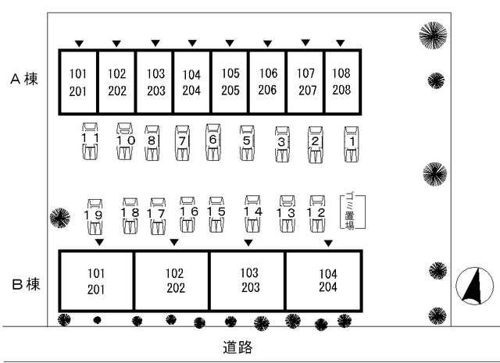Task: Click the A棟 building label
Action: pyautogui.click(x=24, y=79)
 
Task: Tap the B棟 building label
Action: pyautogui.click(x=26, y=284)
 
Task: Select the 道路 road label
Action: pyautogui.click(x=237, y=347)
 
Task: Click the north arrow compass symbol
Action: pyautogui.click(x=474, y=286)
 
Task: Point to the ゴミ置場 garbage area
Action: pyautogui.click(x=352, y=212)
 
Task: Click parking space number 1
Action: pyautogui.click(x=352, y=144)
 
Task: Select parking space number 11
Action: pyautogui.click(x=90, y=141)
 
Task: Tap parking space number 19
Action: pyautogui.click(x=95, y=216)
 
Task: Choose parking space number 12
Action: pyautogui.click(x=317, y=214)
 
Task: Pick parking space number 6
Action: pyautogui.click(x=213, y=142)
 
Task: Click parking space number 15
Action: pyautogui.click(x=216, y=214)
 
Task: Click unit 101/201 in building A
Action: pyautogui.click(x=78, y=82)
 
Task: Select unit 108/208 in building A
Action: pyautogui.click(x=342, y=82)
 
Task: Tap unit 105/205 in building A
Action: pyautogui.click(x=230, y=82)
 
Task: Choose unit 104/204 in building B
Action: pyautogui.click(x=323, y=281)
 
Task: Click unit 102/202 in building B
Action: pyautogui.click(x=172, y=281)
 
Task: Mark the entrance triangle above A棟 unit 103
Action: pyautogui.click(x=155, y=43)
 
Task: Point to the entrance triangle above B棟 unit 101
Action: pyautogui.click(x=99, y=243)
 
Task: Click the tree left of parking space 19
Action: pyautogui.click(x=60, y=218)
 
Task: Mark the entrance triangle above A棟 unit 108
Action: pyautogui.click(x=341, y=43)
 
